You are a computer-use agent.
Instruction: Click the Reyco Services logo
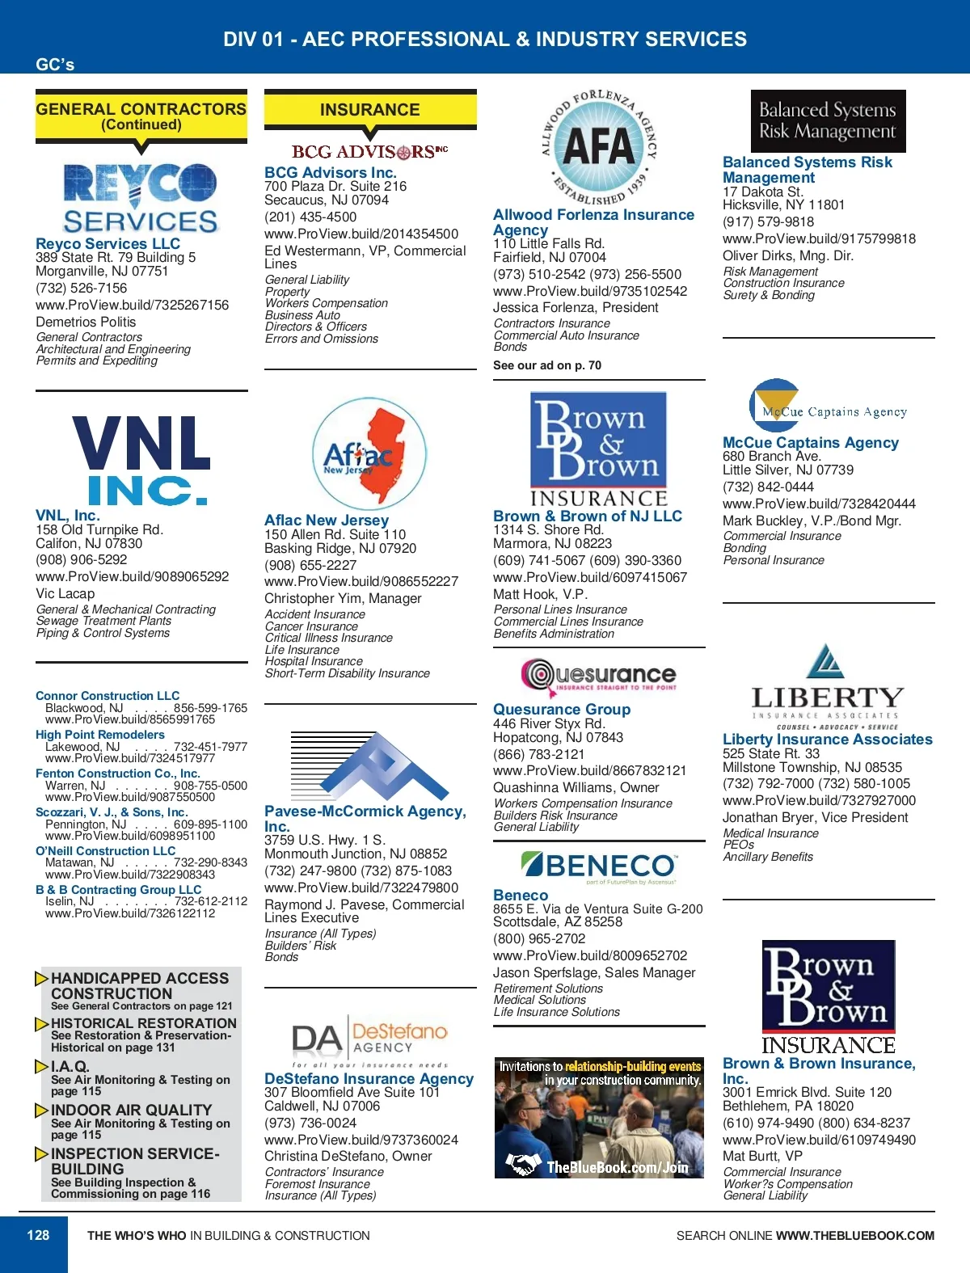(141, 197)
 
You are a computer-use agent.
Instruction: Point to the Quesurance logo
(599, 676)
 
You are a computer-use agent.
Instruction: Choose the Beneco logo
(599, 866)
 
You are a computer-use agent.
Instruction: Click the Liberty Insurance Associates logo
(826, 687)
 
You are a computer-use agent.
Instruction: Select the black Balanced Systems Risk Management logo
(827, 120)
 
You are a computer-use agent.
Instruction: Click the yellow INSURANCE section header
(369, 110)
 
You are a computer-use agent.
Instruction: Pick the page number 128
(38, 1235)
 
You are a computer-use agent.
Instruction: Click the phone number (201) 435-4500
(310, 217)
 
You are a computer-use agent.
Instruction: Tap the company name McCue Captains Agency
(810, 442)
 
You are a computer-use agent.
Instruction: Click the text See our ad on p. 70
(547, 365)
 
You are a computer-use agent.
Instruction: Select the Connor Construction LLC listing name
(108, 696)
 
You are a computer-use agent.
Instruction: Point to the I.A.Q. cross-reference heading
(70, 1066)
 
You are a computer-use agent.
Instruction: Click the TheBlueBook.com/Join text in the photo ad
(617, 1166)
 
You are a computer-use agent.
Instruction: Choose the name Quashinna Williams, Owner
(576, 787)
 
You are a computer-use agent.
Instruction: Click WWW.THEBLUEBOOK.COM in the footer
(854, 1236)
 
